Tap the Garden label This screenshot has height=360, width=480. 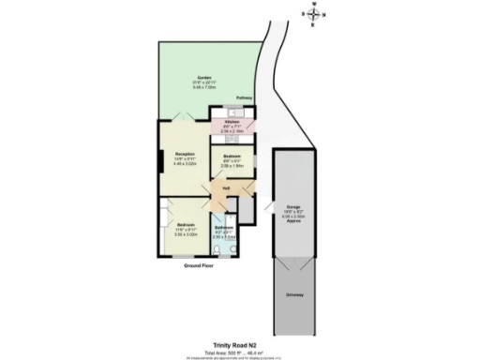[x=203, y=77]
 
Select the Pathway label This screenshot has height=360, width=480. [x=244, y=97]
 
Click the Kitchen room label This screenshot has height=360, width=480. [x=232, y=123]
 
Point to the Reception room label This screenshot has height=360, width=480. [x=184, y=153]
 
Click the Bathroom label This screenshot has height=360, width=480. [x=224, y=229]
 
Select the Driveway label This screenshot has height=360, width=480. [x=294, y=295]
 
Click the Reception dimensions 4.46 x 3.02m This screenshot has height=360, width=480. [x=184, y=164]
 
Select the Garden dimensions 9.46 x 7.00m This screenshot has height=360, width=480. [x=203, y=88]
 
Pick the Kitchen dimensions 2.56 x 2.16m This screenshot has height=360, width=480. [x=232, y=133]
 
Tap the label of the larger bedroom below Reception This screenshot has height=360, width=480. [x=185, y=225]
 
